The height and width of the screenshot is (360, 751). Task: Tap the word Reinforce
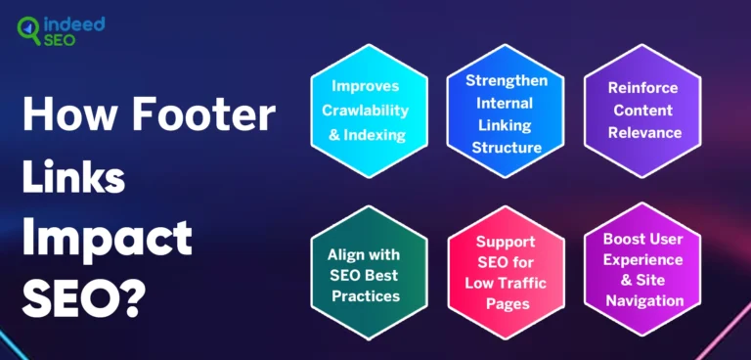click(642, 88)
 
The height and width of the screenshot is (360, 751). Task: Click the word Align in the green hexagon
click(351, 254)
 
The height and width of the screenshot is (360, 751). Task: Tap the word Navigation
click(642, 301)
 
